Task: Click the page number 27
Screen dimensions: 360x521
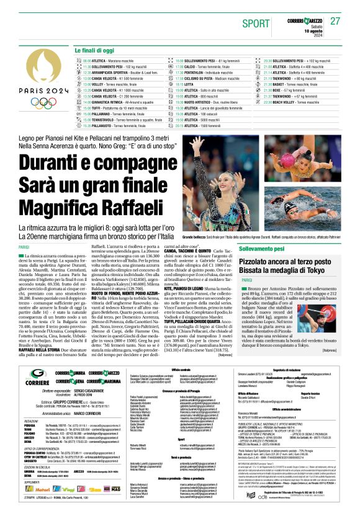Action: coord(335,21)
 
